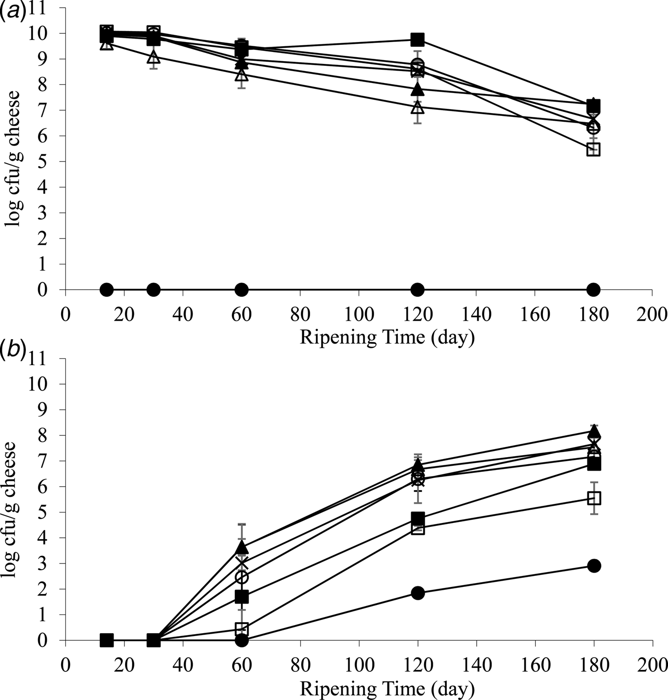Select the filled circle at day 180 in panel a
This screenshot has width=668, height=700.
(593, 289)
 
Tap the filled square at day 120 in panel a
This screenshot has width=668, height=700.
(417, 39)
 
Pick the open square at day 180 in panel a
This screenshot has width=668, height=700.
(593, 149)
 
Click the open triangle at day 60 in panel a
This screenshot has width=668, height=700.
(241, 74)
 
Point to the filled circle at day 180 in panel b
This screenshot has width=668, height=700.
(594, 566)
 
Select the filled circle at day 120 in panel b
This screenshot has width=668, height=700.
(417, 593)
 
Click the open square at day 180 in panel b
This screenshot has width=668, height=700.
(594, 498)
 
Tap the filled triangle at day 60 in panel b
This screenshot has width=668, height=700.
(241, 547)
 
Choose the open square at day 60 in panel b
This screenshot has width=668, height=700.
(241, 628)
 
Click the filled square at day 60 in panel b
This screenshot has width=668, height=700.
(241, 597)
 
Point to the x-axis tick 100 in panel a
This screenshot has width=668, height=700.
(359, 315)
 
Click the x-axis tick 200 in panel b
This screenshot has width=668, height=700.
(652, 665)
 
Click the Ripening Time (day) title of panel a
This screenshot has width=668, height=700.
(387, 338)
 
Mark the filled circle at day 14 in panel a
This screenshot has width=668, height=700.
(107, 289)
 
